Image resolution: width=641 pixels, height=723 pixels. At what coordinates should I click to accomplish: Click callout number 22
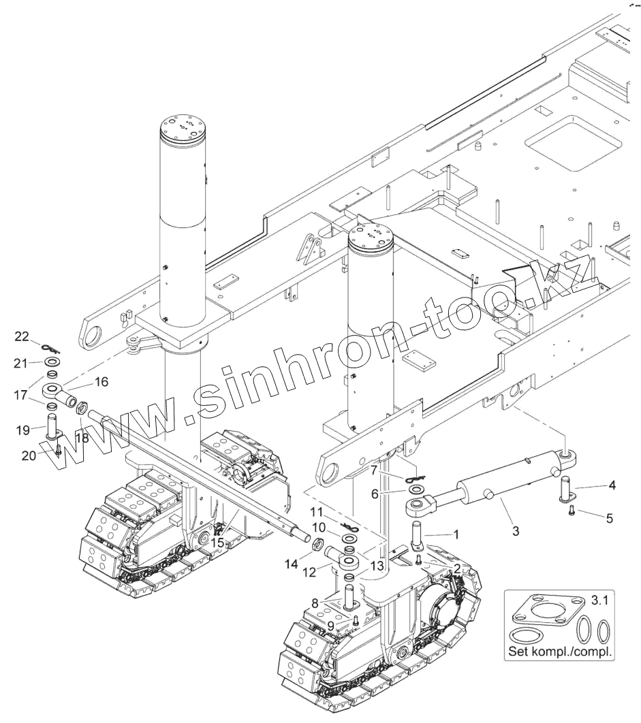coord(22,336)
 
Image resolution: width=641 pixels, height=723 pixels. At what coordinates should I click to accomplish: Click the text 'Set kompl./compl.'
coord(560,651)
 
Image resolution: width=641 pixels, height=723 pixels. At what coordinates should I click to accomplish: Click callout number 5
coord(610,518)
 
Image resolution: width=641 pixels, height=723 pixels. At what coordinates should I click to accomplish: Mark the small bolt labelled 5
coord(572,509)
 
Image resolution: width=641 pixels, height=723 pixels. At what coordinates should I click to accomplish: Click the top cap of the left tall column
coord(183,128)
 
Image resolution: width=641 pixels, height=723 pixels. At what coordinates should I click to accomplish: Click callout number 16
coord(101,383)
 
